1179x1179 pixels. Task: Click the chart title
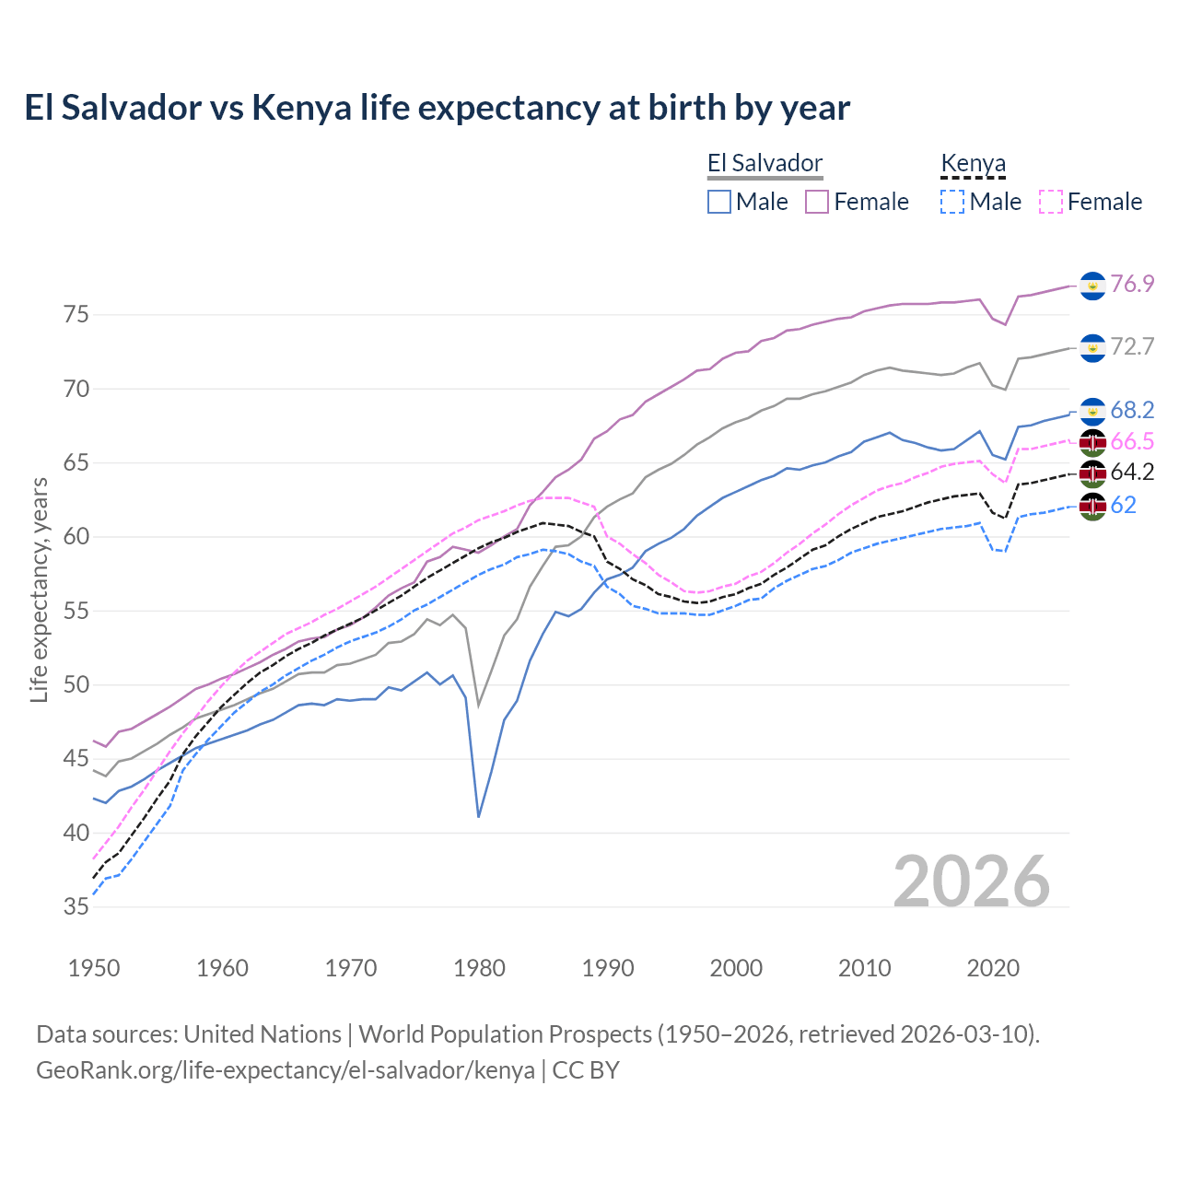[437, 108]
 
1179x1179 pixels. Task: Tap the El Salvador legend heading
[765, 164]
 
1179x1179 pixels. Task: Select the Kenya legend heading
[973, 164]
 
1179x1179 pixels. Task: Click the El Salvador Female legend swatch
[817, 202]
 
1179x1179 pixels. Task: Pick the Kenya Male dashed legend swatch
[952, 202]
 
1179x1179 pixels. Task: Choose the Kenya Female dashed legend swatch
[1051, 202]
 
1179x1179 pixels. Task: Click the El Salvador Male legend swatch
[719, 202]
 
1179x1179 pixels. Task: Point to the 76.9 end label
[1132, 284]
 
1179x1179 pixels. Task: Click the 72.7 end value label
[1132, 346]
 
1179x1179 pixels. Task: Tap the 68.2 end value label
[1132, 410]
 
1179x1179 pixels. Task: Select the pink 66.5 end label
[1132, 442]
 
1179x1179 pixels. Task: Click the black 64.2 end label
[1132, 473]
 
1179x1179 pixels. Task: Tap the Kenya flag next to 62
[1092, 506]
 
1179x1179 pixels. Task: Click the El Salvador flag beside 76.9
[1092, 286]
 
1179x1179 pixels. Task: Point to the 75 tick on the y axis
[76, 315]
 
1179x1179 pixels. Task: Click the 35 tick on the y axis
[76, 907]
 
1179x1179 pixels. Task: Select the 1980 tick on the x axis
[479, 968]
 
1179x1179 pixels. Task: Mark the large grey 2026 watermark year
[972, 881]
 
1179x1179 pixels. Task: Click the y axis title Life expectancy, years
[39, 589]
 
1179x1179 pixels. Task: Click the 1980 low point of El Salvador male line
[479, 817]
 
